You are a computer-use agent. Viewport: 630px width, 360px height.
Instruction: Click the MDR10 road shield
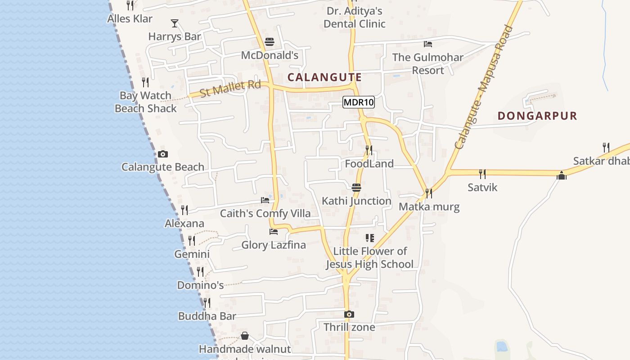[x=358, y=103]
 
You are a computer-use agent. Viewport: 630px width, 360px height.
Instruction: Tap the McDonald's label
[x=270, y=55]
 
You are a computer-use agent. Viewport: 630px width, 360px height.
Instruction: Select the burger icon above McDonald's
[x=270, y=42]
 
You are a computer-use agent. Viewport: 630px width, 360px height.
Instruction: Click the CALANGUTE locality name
[x=324, y=77]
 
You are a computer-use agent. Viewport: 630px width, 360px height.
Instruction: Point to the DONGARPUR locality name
[x=537, y=116]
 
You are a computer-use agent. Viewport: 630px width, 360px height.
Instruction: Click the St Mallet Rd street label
[x=230, y=88]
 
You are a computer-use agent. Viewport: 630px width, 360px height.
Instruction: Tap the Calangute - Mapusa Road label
[x=484, y=87]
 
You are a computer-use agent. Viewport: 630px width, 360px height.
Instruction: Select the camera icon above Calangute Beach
[x=163, y=154]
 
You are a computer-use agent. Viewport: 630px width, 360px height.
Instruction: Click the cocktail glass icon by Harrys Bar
[x=175, y=23]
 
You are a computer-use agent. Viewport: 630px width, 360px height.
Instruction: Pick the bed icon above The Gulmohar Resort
[x=428, y=44]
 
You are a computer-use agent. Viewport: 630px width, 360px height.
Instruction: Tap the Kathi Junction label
[x=356, y=201]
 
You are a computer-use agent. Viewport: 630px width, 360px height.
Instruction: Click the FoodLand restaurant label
[x=369, y=163]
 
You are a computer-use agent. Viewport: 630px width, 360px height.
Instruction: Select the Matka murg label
[x=429, y=207]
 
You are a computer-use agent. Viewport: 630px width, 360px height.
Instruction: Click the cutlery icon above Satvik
[x=482, y=174]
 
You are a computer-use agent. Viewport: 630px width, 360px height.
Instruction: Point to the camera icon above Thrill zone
[x=349, y=314]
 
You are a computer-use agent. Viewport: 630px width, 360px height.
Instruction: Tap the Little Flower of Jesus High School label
[x=369, y=257]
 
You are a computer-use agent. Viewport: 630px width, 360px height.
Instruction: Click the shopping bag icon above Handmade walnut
[x=245, y=336]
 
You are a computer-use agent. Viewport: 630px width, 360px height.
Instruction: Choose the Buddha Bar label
[x=207, y=316]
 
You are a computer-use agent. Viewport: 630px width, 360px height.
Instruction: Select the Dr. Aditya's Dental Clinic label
[x=355, y=17]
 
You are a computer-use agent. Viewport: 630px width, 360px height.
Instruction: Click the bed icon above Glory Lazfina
[x=274, y=232]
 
